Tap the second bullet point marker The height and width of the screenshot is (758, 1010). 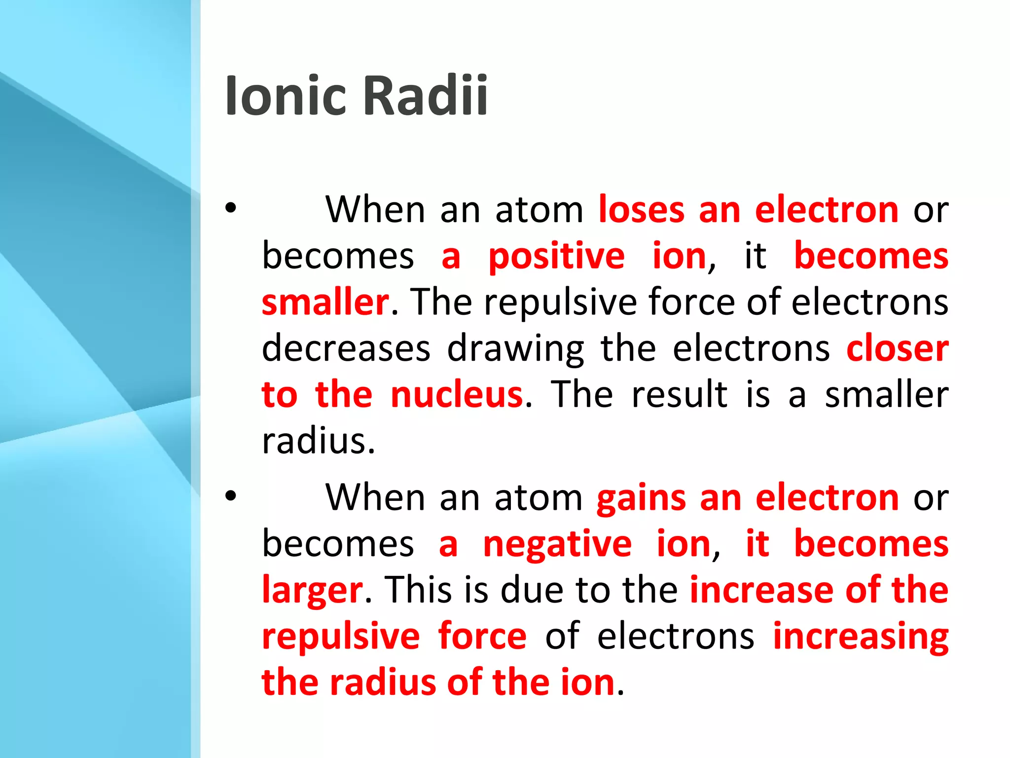[231, 496]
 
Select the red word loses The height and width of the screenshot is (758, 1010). [641, 210]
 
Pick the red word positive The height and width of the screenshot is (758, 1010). [556, 257]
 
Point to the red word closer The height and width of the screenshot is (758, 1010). [897, 348]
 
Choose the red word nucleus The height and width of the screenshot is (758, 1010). [456, 395]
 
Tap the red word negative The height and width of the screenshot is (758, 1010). [557, 544]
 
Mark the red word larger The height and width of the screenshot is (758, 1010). [312, 591]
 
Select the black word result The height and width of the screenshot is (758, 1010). [679, 395]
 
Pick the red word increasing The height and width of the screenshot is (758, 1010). [861, 637]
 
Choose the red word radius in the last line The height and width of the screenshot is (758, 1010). [384, 682]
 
